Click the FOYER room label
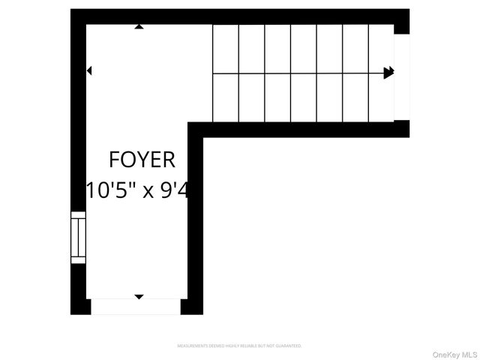click(142, 160)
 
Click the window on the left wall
click(78, 238)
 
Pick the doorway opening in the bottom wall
click(136, 306)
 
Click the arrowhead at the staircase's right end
click(388, 73)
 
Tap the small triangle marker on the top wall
click(139, 27)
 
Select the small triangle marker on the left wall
click(89, 71)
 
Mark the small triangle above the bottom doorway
click(139, 297)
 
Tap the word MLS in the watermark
click(469, 354)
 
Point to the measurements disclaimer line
click(239, 346)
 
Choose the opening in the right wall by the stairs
click(403, 77)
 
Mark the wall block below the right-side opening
click(402, 128)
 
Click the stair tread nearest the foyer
click(226, 73)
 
